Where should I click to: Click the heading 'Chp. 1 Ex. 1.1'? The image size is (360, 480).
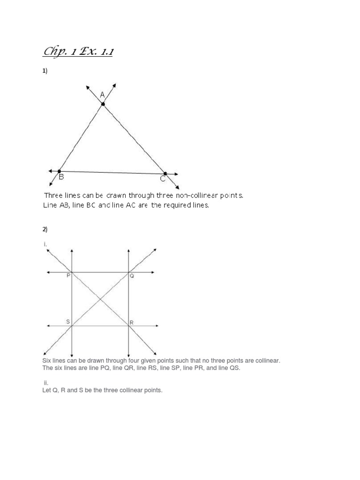pos(78,51)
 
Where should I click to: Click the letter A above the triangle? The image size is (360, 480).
pos(102,95)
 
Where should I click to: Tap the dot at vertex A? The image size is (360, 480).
pos(103,104)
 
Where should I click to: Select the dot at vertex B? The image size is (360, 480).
pos(59,171)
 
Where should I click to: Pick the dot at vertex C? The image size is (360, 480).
pos(165,173)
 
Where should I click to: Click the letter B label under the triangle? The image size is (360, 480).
pos(61,178)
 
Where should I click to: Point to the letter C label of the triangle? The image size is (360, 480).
pos(162,179)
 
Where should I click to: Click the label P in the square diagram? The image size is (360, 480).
pos(68,276)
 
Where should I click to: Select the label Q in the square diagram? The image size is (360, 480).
pos(132,276)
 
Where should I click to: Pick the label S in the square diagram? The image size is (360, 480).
pos(68,322)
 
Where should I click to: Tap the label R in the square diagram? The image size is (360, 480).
pos(132,322)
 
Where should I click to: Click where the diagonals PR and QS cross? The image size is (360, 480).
pos(100,299)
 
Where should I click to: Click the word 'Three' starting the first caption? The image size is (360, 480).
pos(53,195)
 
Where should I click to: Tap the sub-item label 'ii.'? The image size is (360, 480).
pos(46,383)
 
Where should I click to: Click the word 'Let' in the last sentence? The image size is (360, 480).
pos(47,390)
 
